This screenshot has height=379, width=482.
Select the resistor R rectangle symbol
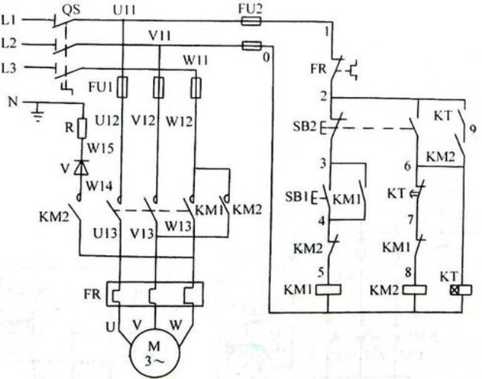tap(82, 128)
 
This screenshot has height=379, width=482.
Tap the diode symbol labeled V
tap(82, 167)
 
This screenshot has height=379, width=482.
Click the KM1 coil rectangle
tap(328, 290)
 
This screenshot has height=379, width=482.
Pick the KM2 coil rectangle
tap(414, 290)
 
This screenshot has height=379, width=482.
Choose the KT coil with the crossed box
tap(461, 290)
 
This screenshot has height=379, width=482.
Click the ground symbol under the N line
tap(38, 113)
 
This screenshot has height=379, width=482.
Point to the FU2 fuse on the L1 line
tap(251, 21)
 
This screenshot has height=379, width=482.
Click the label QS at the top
tap(72, 10)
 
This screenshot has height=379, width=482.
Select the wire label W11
tap(195, 60)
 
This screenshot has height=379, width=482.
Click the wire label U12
tap(107, 121)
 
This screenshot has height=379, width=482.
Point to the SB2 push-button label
tap(304, 126)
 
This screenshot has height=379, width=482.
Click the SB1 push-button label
tap(297, 196)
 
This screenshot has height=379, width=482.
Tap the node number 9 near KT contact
tap(472, 128)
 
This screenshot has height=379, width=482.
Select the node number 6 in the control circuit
tap(407, 166)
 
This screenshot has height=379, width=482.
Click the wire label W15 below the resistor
tap(101, 148)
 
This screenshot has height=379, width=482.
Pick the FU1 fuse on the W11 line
tap(196, 87)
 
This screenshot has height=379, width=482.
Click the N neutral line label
tap(13, 101)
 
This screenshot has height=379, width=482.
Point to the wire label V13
tap(142, 233)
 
